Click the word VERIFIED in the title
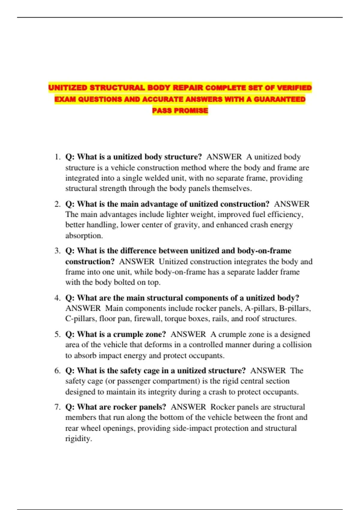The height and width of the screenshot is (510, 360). click(x=294, y=88)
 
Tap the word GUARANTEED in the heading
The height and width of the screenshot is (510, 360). click(x=280, y=99)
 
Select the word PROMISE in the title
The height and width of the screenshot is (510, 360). click(x=191, y=111)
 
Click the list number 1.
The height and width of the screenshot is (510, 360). click(x=58, y=157)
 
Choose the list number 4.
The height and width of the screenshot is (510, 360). click(x=58, y=298)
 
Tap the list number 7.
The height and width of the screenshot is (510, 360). click(x=58, y=407)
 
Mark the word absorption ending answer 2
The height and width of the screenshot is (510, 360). click(x=84, y=236)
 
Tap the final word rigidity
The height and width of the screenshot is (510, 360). click(x=78, y=439)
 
